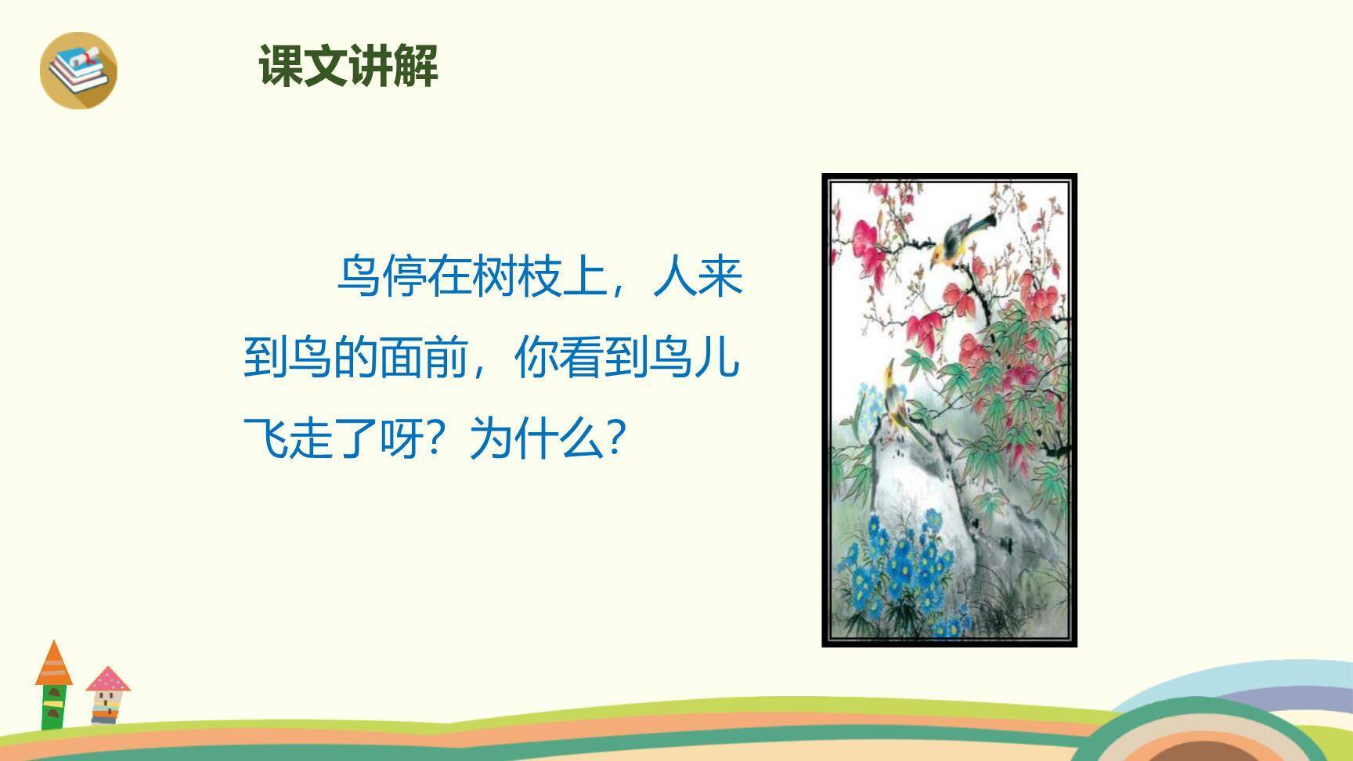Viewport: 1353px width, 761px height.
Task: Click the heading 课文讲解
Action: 348,66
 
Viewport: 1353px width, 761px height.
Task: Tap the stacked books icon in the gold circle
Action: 78,69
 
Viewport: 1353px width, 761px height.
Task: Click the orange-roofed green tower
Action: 53,685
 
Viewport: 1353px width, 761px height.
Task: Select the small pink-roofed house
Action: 107,694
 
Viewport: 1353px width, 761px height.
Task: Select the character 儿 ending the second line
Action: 717,358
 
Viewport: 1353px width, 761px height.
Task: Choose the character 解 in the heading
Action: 416,66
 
